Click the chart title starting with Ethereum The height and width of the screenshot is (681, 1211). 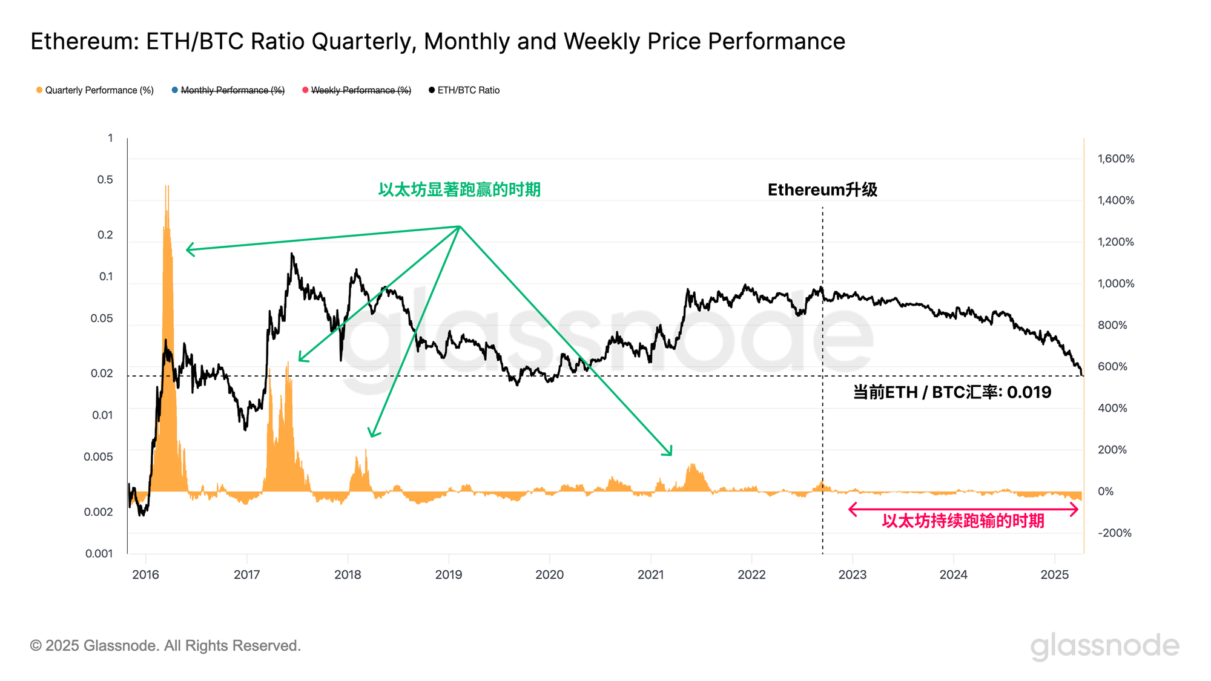(437, 41)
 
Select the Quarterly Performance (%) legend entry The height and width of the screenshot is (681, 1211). (95, 90)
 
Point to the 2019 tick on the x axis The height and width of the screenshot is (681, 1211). (449, 574)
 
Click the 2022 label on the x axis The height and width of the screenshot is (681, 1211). (751, 574)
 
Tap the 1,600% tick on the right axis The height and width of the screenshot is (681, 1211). (1116, 159)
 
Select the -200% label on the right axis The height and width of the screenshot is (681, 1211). (1115, 533)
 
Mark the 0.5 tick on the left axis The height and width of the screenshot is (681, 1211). (105, 180)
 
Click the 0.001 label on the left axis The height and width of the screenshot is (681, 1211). (99, 553)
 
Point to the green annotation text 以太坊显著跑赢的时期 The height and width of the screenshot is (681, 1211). (459, 189)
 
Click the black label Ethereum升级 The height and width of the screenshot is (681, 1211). (822, 189)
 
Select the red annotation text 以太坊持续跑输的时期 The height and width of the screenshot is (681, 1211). (963, 521)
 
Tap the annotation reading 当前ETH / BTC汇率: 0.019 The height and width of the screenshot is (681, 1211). (952, 392)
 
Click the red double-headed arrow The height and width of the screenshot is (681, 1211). (963, 510)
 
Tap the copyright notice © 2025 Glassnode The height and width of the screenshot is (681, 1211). (165, 646)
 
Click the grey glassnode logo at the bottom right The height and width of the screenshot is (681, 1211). (1105, 646)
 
